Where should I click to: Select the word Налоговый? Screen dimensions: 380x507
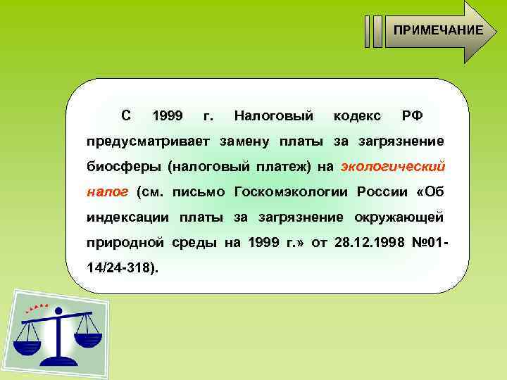pos(273,115)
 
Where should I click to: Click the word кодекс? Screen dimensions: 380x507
pos(357,115)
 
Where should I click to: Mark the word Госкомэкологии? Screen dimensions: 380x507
pos(293,191)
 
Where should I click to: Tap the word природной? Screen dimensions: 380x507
pos(125,242)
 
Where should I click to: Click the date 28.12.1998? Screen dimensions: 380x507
pos(365,242)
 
